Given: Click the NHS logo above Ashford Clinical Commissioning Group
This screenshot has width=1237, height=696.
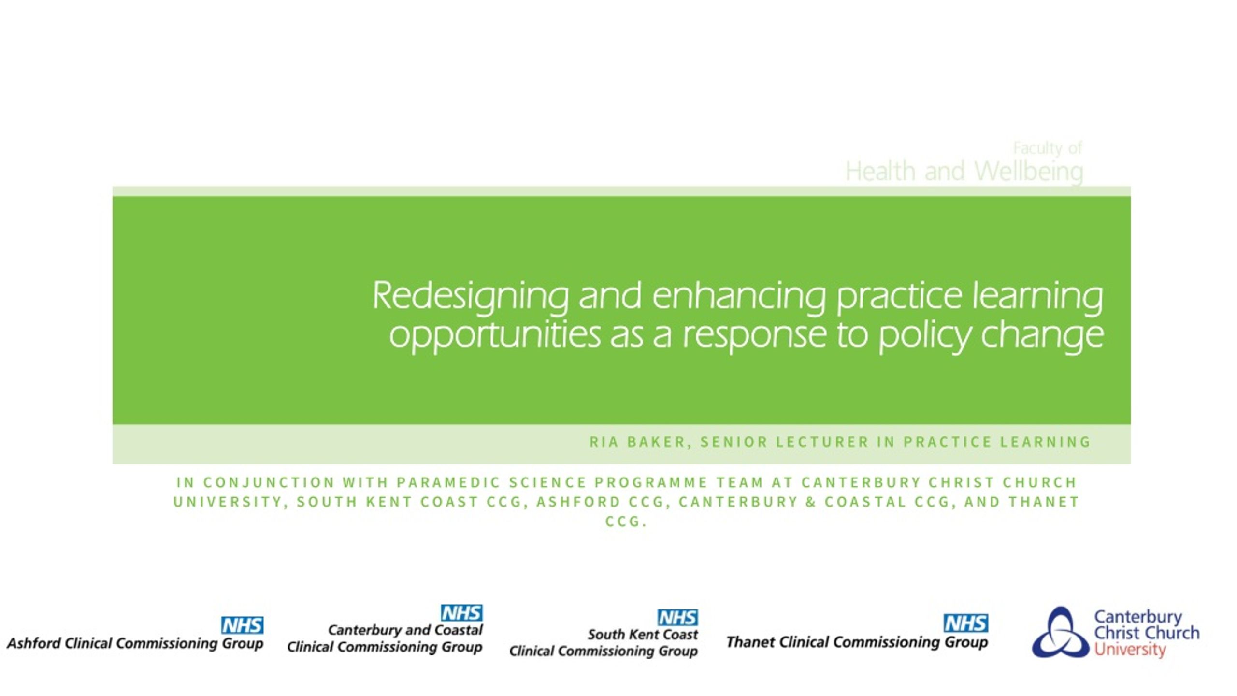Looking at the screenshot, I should coord(242,625).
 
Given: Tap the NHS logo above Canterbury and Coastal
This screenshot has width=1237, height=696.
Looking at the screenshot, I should coord(461,613).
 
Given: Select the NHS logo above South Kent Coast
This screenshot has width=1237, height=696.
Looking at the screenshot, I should coord(677,617).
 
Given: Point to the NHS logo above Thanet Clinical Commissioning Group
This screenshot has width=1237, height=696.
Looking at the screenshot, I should coord(965,623).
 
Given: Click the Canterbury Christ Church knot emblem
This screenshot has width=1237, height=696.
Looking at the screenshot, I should coord(1060,633).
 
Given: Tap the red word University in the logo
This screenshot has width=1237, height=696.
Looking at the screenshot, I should coord(1130,649).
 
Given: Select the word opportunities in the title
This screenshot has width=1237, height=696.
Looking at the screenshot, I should coord(495,334).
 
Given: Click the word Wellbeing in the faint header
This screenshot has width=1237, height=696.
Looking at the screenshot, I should coord(1029,172).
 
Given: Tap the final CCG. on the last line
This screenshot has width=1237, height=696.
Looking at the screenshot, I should coord(626,522).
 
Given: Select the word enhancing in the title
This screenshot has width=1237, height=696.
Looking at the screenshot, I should coord(739,296).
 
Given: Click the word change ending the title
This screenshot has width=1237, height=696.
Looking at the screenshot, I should coord(1042,334).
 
